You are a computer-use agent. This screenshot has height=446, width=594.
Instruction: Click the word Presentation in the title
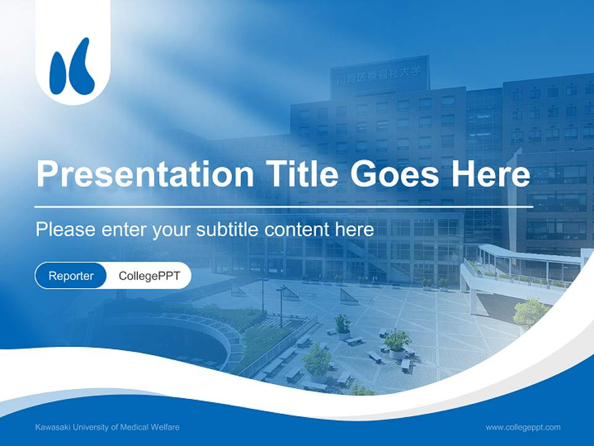145,173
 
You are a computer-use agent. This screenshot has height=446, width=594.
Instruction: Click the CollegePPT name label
149,276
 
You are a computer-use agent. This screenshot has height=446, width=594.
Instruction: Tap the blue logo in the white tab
72,66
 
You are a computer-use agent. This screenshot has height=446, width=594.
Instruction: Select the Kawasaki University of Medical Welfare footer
107,427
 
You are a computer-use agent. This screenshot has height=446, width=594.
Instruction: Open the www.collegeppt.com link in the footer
523,427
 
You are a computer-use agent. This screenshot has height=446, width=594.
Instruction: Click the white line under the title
283,207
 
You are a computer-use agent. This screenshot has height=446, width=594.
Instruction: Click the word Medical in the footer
134,427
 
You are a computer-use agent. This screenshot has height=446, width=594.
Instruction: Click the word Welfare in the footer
165,427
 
